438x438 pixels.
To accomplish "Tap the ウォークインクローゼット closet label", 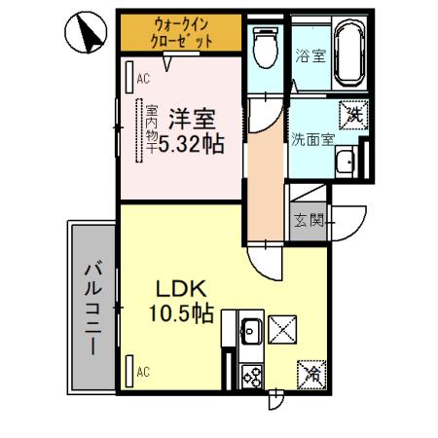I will (179, 33).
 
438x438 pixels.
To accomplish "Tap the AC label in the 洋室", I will (142, 80).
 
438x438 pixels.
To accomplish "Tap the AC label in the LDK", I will (142, 371).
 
